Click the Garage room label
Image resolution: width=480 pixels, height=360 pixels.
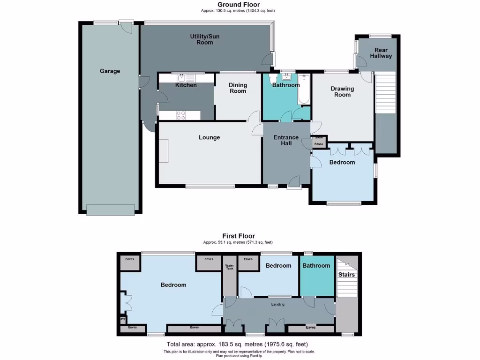(x=110, y=71)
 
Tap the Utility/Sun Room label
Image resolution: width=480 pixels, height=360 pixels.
(x=205, y=39)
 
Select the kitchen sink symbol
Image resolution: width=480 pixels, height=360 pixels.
(x=181, y=78)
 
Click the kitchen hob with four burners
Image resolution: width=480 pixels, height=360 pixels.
(x=181, y=115)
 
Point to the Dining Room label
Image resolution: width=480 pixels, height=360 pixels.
(x=238, y=88)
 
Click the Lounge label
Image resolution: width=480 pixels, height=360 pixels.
(x=209, y=137)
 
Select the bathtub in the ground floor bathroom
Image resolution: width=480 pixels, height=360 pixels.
(x=304, y=89)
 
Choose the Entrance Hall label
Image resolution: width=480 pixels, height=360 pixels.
(x=286, y=140)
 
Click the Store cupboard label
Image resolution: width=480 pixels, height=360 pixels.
(x=319, y=144)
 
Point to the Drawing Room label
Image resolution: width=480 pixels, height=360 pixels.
(x=342, y=91)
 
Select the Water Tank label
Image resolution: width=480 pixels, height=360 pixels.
(x=229, y=267)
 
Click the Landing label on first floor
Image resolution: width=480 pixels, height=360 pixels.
(x=278, y=304)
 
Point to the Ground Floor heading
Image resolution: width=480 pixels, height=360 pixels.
(x=239, y=5)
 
